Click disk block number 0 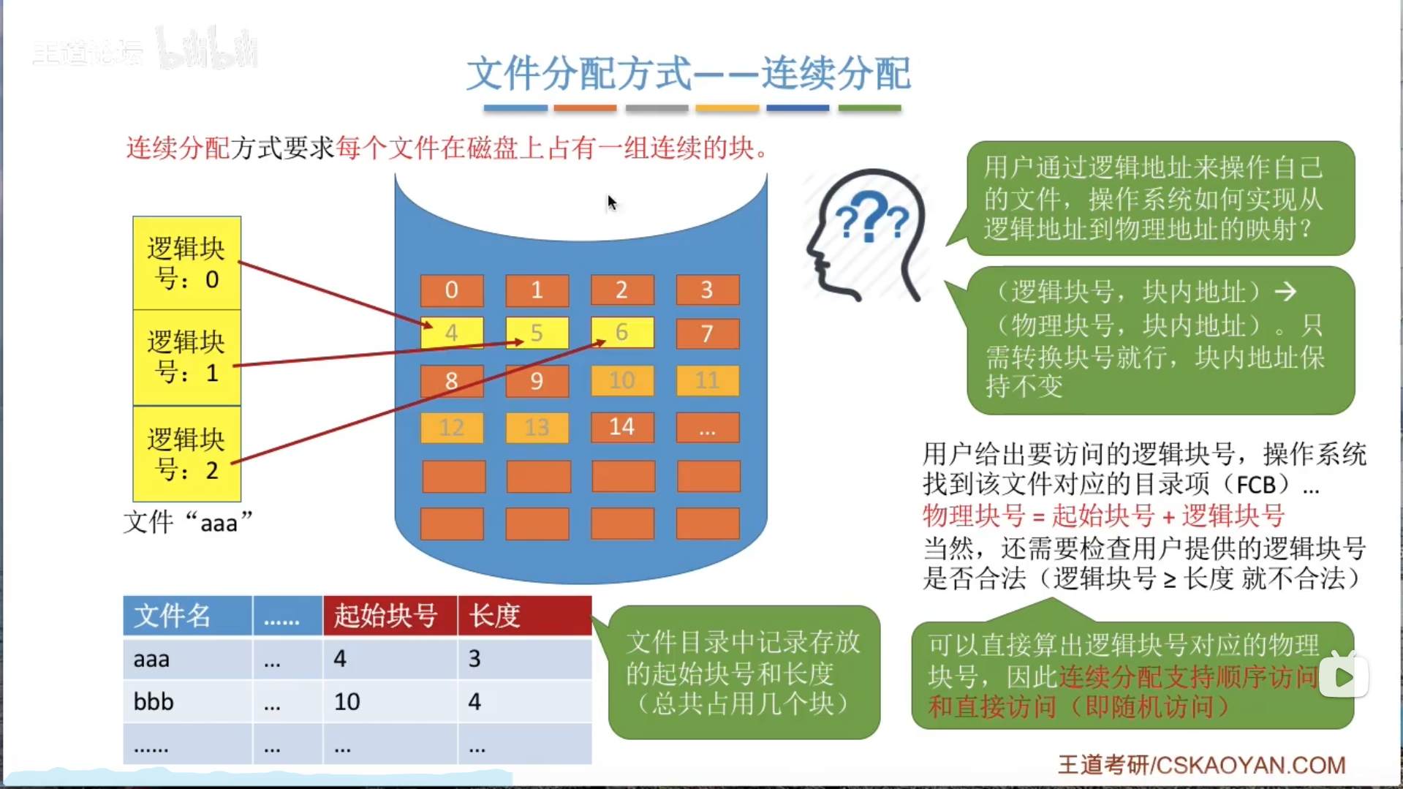(451, 290)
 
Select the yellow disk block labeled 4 (451, 333)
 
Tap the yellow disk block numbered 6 (622, 332)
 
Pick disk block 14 (622, 427)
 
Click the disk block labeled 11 (707, 380)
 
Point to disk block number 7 (707, 333)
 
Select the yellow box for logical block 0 (186, 263)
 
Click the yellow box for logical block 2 (186, 454)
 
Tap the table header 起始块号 (386, 616)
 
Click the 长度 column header (495, 616)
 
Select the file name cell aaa (152, 659)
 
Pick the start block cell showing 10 (347, 702)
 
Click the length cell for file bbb (475, 702)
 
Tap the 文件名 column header (173, 616)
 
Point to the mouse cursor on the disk (612, 203)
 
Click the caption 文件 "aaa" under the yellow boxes (188, 523)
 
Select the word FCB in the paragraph (1256, 485)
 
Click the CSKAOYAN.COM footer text (1250, 765)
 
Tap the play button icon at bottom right (1344, 676)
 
